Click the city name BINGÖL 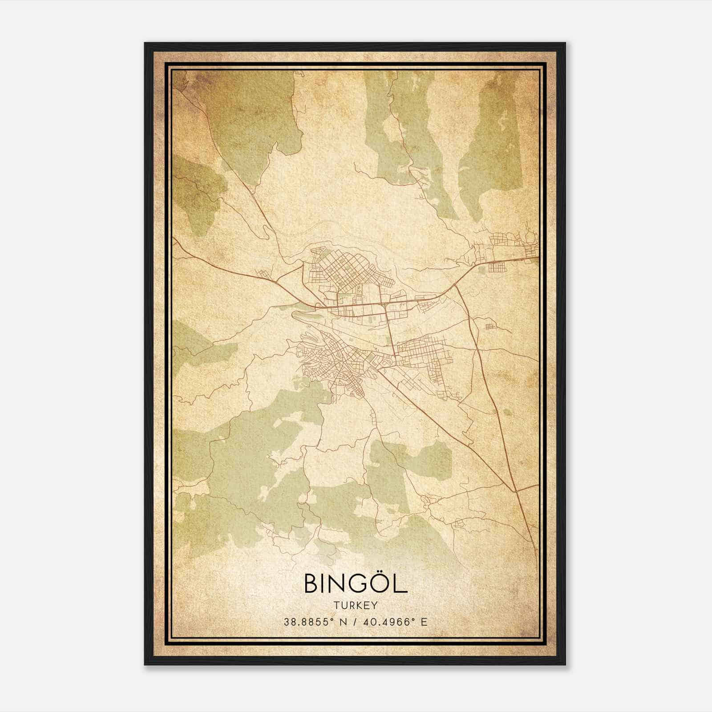tap(356, 584)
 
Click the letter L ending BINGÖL tap(401, 584)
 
